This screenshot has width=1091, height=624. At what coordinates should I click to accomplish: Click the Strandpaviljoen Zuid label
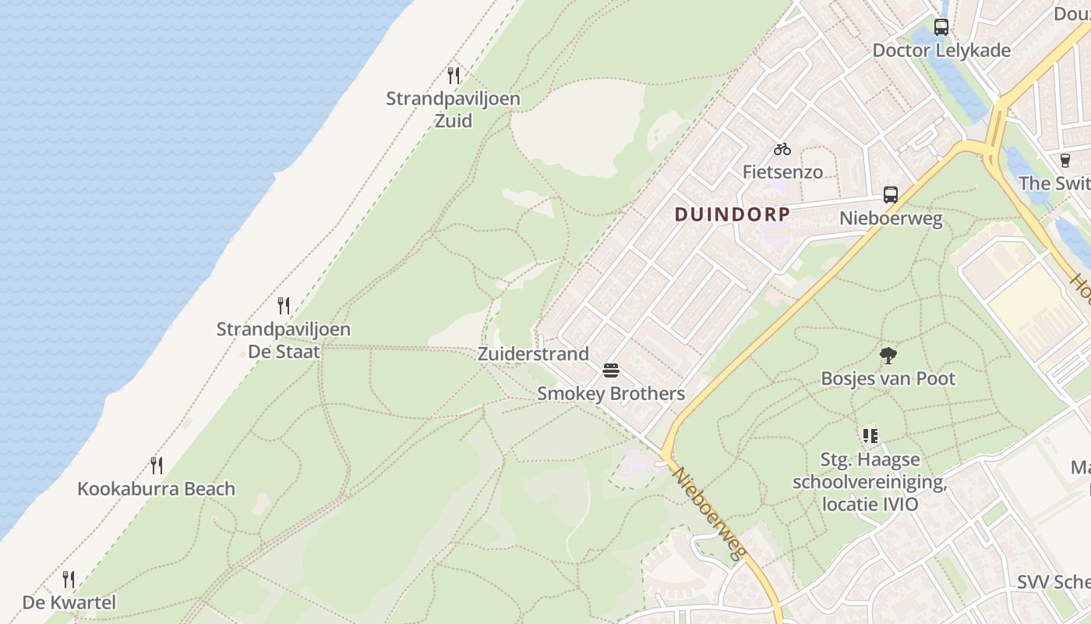tap(453, 110)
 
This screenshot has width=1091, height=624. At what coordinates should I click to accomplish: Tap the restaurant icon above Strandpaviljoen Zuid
tap(454, 76)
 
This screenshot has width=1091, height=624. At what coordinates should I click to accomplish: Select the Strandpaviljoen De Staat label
tap(284, 340)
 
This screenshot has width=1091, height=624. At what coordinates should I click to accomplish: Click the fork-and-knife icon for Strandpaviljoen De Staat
tap(284, 306)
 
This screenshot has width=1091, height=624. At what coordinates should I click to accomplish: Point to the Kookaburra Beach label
tap(156, 489)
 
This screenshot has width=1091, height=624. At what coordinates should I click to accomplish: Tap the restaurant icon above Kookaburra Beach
tap(157, 466)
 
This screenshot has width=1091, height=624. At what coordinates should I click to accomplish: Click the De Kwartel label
tap(69, 602)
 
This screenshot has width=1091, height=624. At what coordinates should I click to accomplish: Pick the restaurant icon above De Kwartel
tap(69, 580)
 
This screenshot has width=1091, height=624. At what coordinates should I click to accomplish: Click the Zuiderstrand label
tap(533, 354)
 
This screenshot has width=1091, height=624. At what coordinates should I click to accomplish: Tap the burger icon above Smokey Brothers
tap(611, 370)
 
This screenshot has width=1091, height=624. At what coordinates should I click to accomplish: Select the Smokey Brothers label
tap(611, 394)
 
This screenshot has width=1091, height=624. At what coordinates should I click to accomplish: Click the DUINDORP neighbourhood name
tap(732, 214)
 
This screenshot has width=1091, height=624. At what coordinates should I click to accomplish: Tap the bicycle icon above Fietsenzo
tap(782, 149)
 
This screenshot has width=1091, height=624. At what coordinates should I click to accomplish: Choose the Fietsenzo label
tap(782, 172)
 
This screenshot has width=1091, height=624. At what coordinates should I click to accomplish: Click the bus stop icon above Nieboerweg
tap(891, 195)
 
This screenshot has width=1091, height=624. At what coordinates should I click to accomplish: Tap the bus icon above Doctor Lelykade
tap(941, 27)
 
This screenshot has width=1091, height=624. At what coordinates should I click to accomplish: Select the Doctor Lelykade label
tap(941, 51)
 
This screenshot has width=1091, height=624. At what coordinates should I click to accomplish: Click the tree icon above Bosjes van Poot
tap(888, 356)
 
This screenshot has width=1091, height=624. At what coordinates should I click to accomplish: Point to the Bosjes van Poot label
tap(888, 379)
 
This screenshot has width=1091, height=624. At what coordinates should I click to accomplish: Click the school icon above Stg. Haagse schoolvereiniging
tap(870, 436)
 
